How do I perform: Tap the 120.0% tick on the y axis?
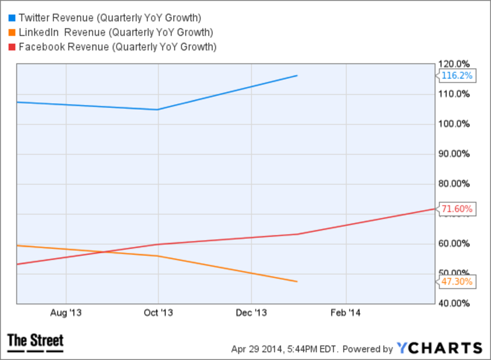pos(454,64)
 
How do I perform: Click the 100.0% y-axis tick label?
pos(454,124)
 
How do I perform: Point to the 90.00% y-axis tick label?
pos(454,154)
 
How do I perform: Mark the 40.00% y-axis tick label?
pos(454,303)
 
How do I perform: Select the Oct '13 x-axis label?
pos(159,313)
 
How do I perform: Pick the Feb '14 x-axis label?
pos(346,313)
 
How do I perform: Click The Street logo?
pos(36,342)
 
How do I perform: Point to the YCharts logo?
pos(439,348)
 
